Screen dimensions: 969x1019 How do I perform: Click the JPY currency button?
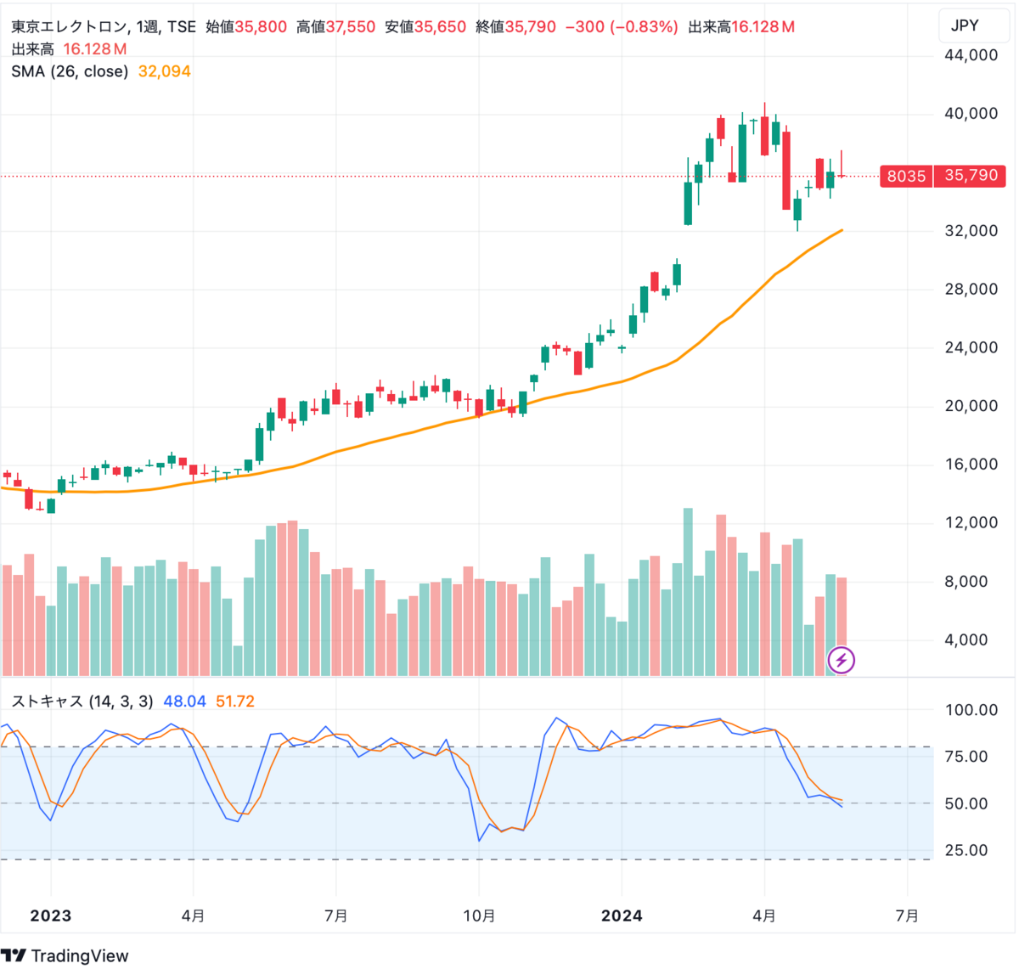tap(965, 25)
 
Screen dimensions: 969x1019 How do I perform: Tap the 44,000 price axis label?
tap(971, 56)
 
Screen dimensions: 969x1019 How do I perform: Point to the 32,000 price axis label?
tap(971, 231)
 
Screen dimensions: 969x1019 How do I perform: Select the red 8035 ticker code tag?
tap(906, 176)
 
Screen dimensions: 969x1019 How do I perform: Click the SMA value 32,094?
tap(164, 71)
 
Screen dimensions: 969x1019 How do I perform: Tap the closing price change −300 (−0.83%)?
tap(622, 27)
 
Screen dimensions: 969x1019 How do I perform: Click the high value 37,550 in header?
tap(349, 27)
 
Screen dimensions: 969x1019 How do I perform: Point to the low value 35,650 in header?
tap(440, 27)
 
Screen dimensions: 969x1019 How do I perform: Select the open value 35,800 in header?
tap(261, 27)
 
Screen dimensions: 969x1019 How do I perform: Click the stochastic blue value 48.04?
tap(184, 701)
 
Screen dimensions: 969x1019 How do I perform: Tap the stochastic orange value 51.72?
tap(235, 701)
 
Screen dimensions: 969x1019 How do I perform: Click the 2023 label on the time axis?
tap(51, 915)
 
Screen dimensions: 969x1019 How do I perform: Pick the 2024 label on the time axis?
tap(622, 915)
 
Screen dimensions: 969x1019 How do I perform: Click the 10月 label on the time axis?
tap(479, 915)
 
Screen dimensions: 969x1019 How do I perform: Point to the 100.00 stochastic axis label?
tap(971, 710)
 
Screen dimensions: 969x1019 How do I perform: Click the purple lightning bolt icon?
tap(841, 660)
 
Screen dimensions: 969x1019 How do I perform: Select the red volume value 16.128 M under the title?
tap(94, 49)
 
